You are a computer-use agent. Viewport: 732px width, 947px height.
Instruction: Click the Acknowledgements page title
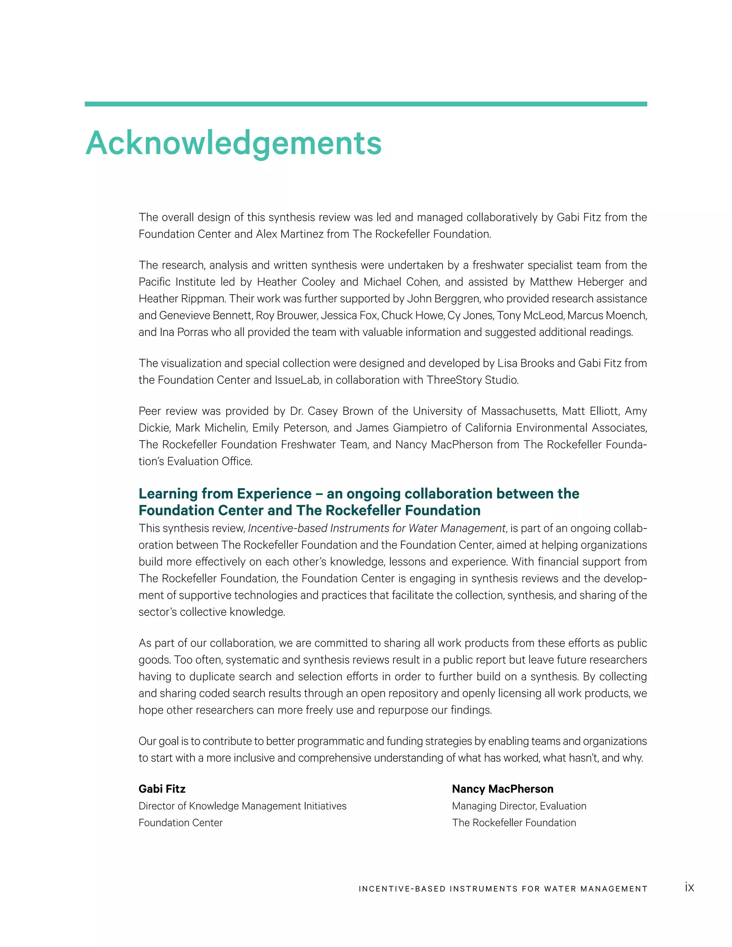coord(233,143)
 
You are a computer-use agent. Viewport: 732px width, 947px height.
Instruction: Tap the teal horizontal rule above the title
coord(366,104)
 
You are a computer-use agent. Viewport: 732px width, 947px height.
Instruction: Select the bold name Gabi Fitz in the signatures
coord(162,789)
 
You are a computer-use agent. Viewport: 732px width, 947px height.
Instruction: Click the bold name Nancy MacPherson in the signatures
coord(502,789)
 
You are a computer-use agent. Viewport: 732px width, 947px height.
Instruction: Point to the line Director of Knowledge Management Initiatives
coord(242,805)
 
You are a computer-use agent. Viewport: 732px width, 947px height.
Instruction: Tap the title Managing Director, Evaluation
coord(519,805)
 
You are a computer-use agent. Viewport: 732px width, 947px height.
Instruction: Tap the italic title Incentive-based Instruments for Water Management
coord(376,528)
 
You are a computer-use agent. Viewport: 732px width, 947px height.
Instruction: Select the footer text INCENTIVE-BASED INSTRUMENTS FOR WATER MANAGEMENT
coord(503,889)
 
